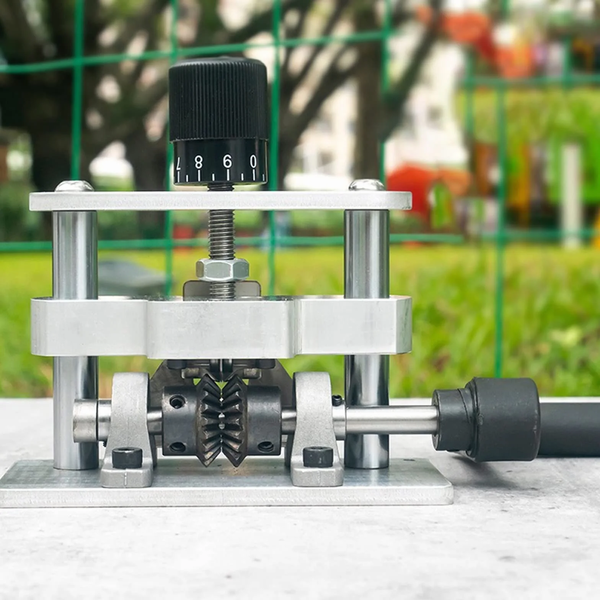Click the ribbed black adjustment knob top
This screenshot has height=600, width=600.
(218, 100)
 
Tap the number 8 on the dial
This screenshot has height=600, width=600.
(198, 163)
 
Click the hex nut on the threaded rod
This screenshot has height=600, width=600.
(222, 269)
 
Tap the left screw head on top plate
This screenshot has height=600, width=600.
(74, 186)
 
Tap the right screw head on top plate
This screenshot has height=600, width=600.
(366, 185)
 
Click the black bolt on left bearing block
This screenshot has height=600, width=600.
(127, 458)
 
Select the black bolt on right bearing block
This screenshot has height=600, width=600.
(318, 456)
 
